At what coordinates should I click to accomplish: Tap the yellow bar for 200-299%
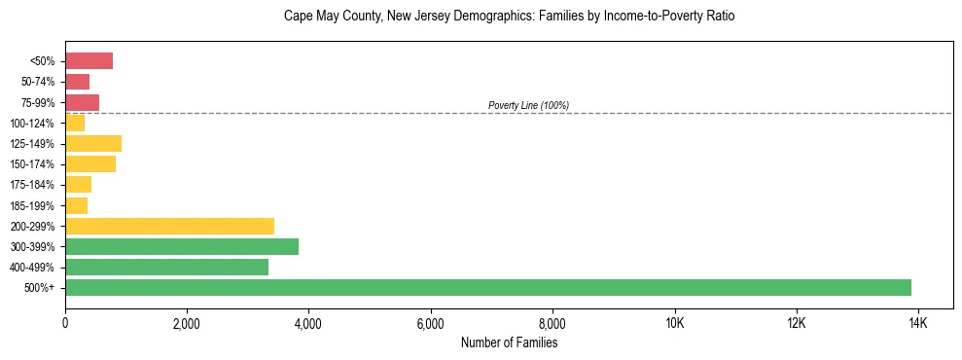tap(169, 226)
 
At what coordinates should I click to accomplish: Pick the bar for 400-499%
tap(166, 267)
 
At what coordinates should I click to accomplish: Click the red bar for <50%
tap(89, 61)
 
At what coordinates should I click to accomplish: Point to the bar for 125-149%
tap(93, 144)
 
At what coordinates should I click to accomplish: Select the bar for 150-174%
tap(90, 164)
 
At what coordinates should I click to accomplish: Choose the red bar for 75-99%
tap(82, 102)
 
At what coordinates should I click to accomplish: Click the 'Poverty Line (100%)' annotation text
tap(528, 105)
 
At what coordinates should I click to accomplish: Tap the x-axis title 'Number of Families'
tap(509, 342)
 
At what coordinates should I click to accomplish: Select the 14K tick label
tap(917, 323)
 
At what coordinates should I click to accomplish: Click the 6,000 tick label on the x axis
tap(430, 323)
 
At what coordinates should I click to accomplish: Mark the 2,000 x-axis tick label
tap(187, 323)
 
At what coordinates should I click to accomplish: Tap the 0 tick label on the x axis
tap(65, 323)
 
